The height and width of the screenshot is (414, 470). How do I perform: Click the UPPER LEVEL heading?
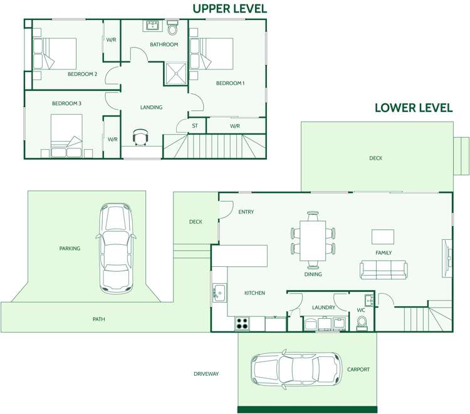point(229,8)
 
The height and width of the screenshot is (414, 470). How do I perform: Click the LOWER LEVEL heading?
point(414,108)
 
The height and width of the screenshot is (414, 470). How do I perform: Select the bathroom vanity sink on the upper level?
point(152,26)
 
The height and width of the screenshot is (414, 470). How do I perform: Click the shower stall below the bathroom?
point(175,73)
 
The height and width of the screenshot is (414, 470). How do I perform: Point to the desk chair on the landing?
point(140,137)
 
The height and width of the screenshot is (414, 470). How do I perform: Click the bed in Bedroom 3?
point(66,135)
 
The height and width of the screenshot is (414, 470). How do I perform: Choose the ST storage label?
point(195,126)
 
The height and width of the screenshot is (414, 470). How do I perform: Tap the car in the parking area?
point(116,249)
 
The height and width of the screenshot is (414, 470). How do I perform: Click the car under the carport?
point(296,369)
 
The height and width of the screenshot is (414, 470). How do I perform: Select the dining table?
point(313,241)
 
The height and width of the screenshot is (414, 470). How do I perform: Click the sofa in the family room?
point(384,269)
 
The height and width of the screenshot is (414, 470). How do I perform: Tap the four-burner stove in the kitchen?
point(242,323)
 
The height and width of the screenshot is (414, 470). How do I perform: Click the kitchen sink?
point(219,292)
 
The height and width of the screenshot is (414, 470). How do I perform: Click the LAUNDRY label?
point(323,308)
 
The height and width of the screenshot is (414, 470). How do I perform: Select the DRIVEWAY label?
point(206,373)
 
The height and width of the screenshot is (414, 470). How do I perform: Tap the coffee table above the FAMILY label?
point(383,237)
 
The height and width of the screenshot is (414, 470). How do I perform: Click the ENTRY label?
point(246,212)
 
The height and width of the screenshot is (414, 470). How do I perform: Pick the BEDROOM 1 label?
point(230,83)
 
